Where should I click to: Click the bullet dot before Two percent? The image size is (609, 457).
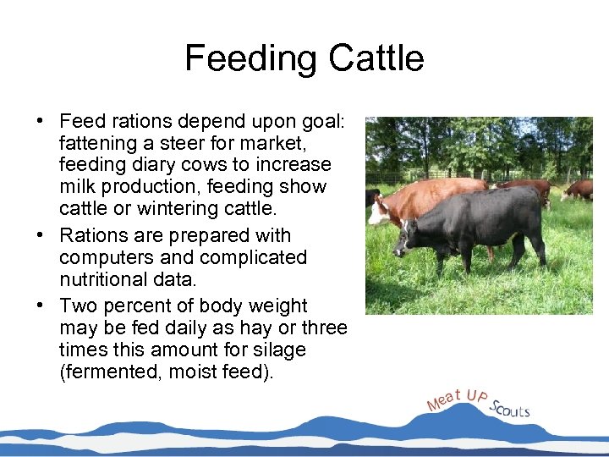41,306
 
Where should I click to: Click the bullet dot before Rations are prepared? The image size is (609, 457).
41,235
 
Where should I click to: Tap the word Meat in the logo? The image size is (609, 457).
444,398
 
